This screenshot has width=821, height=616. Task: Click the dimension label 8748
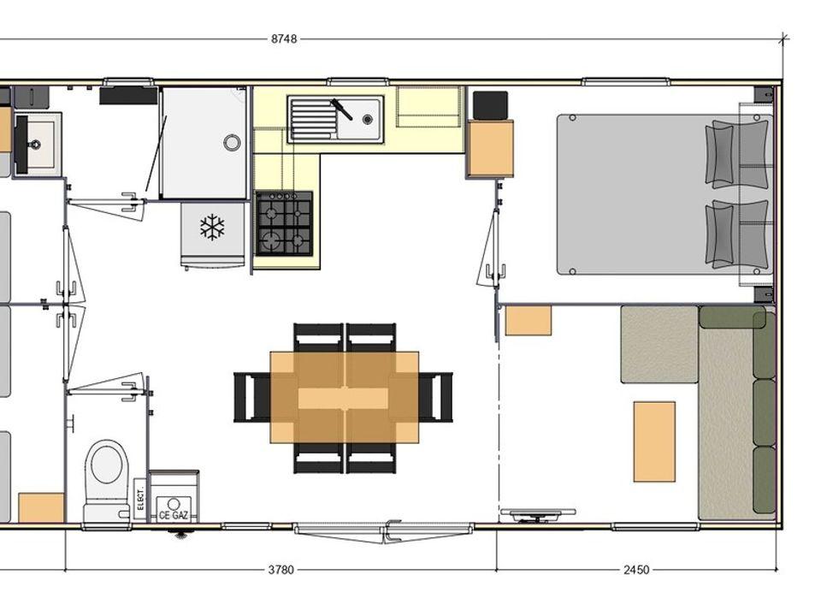point(284,38)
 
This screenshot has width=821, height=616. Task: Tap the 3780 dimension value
point(281,570)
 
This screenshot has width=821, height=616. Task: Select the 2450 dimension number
point(636,570)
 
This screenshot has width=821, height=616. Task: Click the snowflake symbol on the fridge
point(212,228)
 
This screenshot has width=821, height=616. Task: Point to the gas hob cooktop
point(284,223)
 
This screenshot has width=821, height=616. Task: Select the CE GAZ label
point(174,515)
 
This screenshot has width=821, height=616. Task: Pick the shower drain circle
point(232,142)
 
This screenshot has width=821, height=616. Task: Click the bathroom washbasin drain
point(35,144)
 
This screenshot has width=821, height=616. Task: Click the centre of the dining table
point(344,398)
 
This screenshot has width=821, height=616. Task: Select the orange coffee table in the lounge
point(654,441)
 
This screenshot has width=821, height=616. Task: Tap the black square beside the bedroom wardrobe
point(490,105)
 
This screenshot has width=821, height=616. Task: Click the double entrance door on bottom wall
point(384,531)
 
